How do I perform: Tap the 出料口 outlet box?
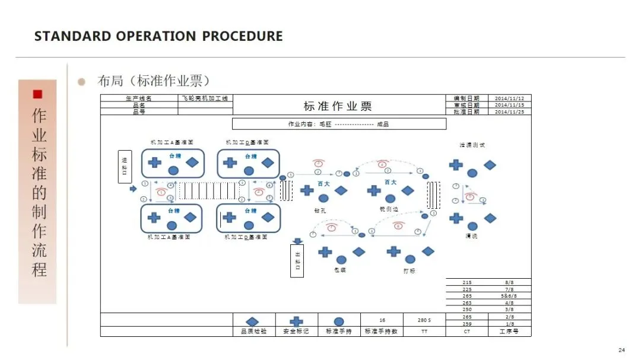click(298, 260)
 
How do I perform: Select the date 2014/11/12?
click(509, 98)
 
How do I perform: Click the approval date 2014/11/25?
click(509, 111)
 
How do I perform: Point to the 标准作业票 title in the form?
click(338, 106)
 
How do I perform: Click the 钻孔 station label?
click(320, 210)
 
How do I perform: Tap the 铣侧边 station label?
click(390, 209)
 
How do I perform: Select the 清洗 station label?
click(472, 236)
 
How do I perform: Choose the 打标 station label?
click(410, 270)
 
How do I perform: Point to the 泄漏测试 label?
click(472, 145)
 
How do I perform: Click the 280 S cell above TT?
click(424, 320)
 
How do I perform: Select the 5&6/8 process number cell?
click(509, 295)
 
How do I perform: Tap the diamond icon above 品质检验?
click(253, 321)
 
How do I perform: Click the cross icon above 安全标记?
click(296, 321)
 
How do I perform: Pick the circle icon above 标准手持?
click(339, 321)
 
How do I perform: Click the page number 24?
click(621, 349)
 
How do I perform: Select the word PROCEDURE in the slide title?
click(242, 36)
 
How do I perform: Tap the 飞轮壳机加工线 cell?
click(205, 98)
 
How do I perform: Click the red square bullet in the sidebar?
click(37, 94)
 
